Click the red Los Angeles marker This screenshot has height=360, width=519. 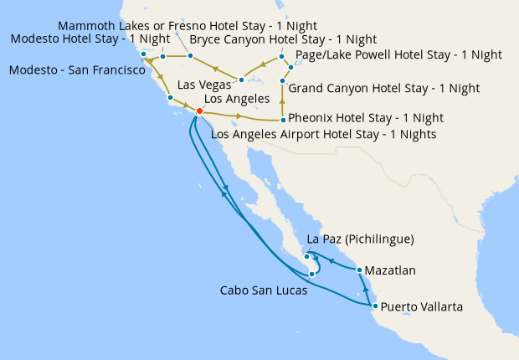tap(199, 111)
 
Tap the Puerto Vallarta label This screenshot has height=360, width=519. tap(421, 307)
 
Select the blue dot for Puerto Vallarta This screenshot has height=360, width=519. tap(374, 306)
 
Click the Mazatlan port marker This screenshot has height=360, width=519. tap(359, 270)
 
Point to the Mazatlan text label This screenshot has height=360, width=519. tap(392, 271)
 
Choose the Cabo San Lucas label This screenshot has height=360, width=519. tap(263, 292)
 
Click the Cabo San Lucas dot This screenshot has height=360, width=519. tap(311, 274)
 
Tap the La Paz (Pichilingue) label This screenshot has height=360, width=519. tap(361, 239)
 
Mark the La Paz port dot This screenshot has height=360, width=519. tap(307, 256)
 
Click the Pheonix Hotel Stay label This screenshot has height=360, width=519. tap(366, 118)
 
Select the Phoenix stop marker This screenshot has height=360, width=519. tap(283, 120)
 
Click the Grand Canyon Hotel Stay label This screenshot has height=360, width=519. tap(383, 88)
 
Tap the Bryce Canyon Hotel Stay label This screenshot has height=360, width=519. tap(283, 39)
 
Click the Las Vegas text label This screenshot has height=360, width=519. tap(204, 85)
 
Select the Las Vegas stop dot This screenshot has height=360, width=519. tap(241, 80)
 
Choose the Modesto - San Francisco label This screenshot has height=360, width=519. tap(77, 70)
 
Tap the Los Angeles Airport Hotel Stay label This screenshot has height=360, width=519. tap(324, 134)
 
